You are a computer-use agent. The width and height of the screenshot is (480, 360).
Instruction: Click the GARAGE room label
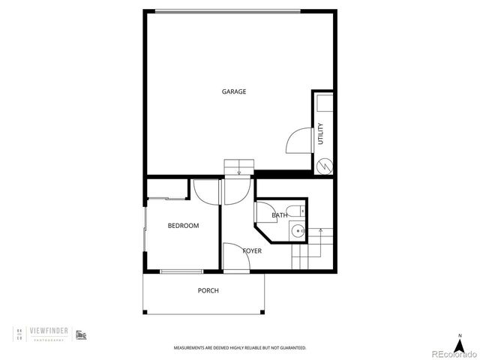point(234,91)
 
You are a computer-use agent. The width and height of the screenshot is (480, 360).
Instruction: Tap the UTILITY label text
point(321,133)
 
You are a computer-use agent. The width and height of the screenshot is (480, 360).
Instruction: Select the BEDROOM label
point(183,225)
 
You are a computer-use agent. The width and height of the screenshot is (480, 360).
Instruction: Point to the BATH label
point(279,215)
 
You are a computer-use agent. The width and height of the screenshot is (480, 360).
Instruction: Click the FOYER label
point(252,250)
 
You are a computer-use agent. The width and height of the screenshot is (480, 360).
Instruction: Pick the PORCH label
point(208,290)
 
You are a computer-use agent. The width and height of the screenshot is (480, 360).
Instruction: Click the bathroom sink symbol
point(298,231)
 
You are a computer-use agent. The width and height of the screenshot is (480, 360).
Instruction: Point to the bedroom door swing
point(203,192)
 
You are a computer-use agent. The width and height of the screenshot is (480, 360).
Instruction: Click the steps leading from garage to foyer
point(238,168)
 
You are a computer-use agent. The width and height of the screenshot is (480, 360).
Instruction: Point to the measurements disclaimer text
point(240,348)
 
